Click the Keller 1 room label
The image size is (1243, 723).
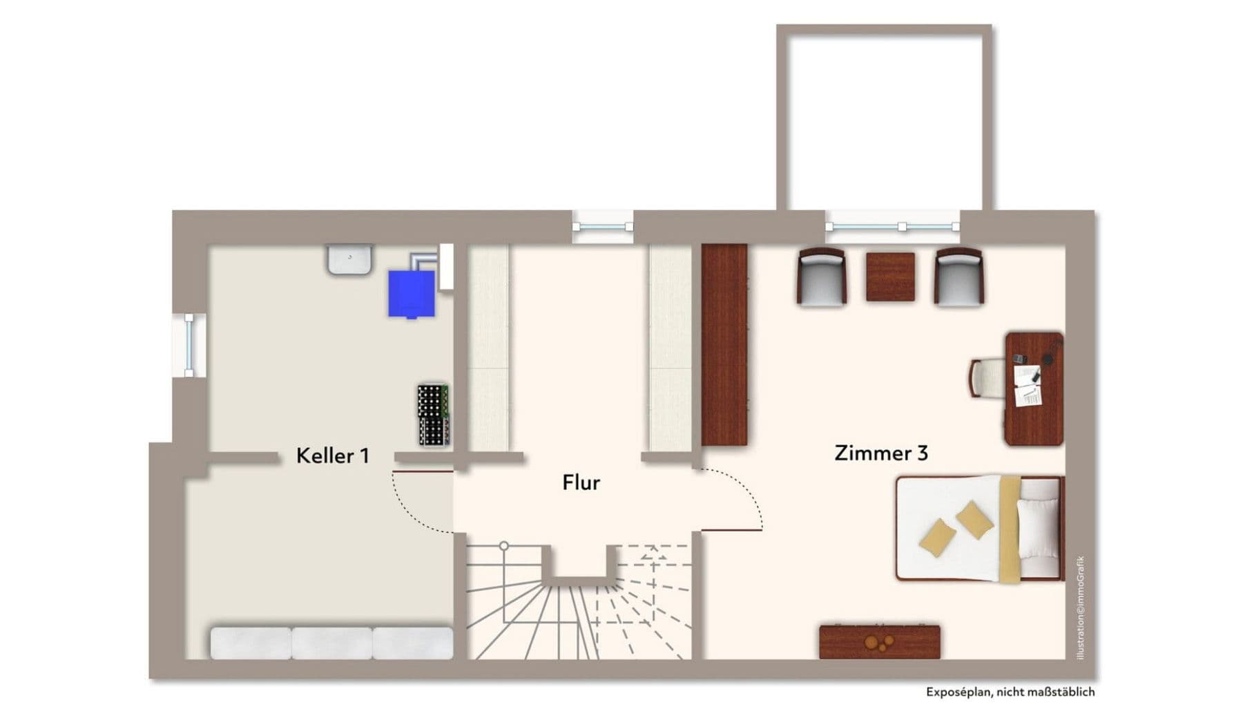coord(332,456)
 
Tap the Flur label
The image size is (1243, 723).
coord(581,482)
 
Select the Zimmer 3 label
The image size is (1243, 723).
coord(881,453)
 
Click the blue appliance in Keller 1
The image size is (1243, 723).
coord(411,293)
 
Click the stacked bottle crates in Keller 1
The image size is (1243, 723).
coord(433,414)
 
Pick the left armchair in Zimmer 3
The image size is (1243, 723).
coord(822,276)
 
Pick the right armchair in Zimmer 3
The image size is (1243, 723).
coord(958,276)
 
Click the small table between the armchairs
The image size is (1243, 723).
coord(890,276)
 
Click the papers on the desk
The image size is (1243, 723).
coord(1028,386)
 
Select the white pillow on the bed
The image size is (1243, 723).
coord(1037,529)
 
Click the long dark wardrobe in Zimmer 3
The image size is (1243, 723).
coord(724,344)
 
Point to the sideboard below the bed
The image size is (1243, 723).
coord(879,642)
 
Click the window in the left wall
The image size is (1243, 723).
coord(189,345)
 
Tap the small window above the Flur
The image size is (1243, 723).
coord(602,227)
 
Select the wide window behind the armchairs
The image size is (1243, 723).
coord(892,226)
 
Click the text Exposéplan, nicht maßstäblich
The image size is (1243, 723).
coord(1010,692)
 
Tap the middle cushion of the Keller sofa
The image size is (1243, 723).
coord(332,643)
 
